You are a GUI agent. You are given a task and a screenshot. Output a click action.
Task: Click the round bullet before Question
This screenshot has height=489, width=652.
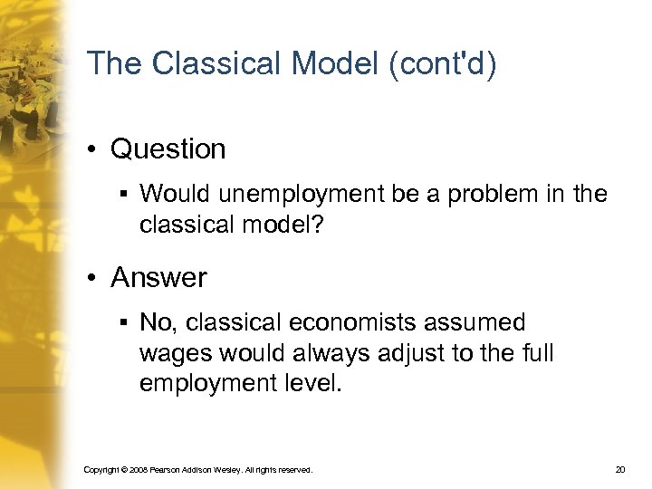point(94,149)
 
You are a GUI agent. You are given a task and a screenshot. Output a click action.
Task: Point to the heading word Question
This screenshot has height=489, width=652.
point(168,149)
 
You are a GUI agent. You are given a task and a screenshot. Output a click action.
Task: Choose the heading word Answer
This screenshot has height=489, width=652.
point(158,278)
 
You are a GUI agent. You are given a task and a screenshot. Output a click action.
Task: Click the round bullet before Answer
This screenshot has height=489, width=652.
point(94,278)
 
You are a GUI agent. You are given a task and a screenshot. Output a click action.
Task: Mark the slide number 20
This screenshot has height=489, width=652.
point(619,470)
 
